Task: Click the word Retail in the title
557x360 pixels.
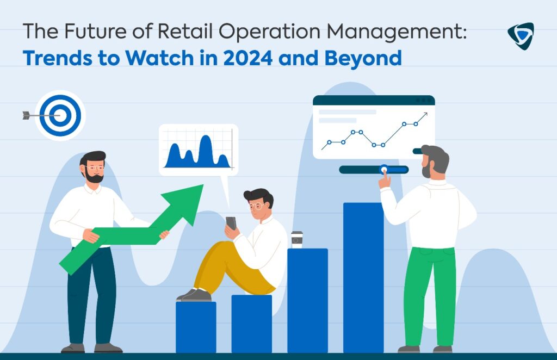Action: pos(185,31)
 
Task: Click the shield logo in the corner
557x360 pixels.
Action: pos(521,36)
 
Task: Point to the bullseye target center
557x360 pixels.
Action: pos(60,115)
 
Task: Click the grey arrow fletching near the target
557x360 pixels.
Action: pos(26,115)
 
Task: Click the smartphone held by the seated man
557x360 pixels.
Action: pos(231,223)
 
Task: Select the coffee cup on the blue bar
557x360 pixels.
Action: pos(297,240)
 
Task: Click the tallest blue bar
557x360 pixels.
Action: pos(363,278)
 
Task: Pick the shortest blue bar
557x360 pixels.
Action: pos(196,327)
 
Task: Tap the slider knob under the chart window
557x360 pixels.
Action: pos(383,169)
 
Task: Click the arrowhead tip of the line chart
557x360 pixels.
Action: pos(427,113)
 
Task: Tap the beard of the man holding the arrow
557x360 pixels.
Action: pos(94,176)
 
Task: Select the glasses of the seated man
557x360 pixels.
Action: pos(257,206)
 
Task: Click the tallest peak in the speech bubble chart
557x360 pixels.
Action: pos(205,136)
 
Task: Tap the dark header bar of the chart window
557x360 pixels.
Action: pos(374,100)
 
